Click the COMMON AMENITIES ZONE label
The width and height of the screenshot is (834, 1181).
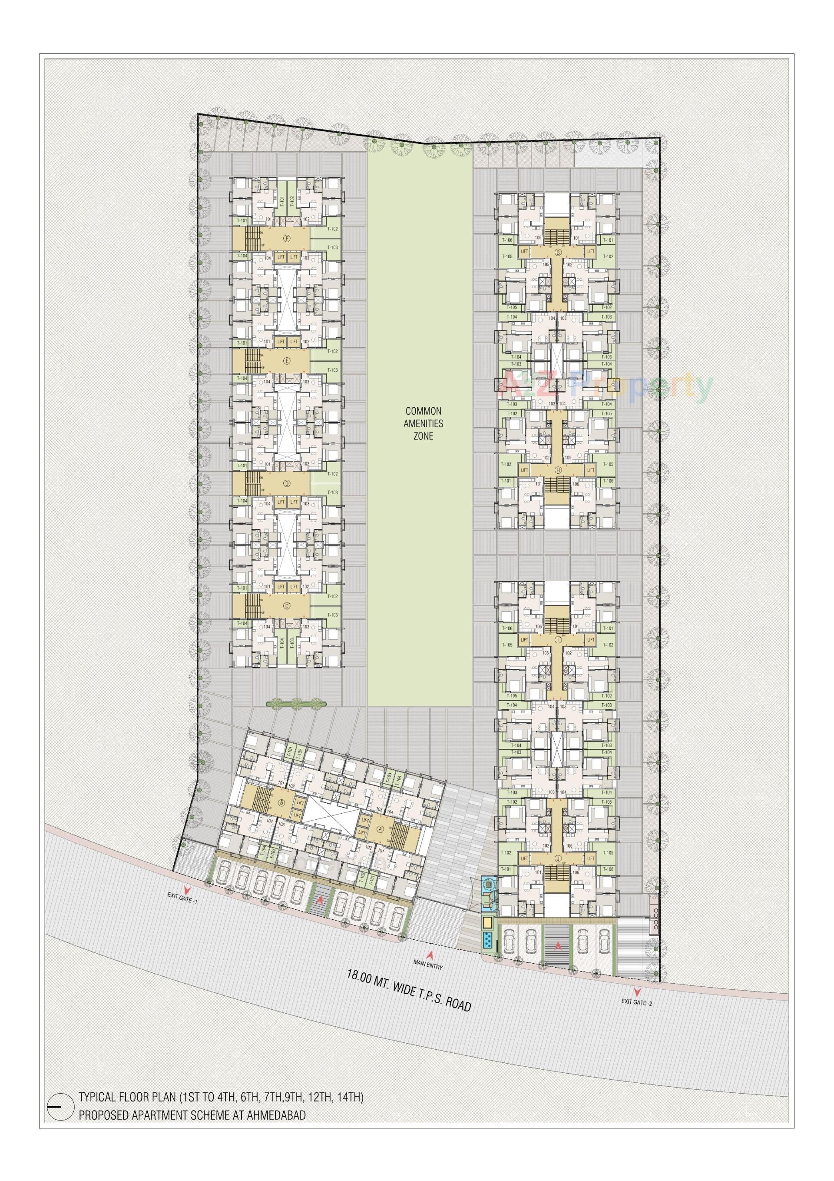click(423, 423)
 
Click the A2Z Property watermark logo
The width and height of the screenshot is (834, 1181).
click(607, 387)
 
